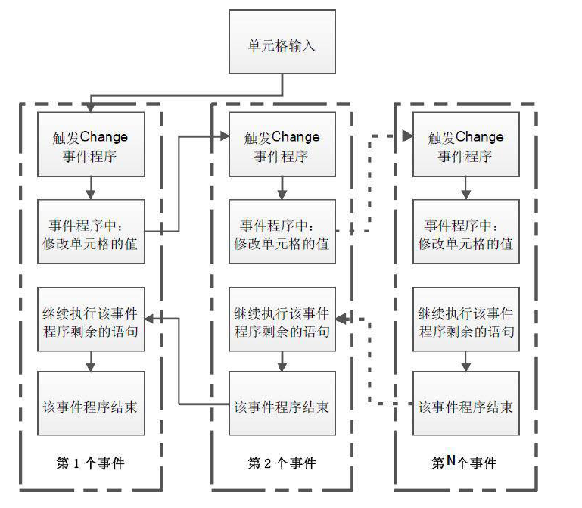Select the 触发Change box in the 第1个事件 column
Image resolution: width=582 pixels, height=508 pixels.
[x=91, y=145]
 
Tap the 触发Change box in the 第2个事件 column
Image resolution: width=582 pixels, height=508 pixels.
[x=282, y=145]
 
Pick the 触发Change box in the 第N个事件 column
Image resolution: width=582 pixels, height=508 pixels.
[x=465, y=145]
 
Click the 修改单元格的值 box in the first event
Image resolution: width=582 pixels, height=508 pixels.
[x=91, y=232]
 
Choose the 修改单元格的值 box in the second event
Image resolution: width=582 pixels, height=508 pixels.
[x=282, y=232]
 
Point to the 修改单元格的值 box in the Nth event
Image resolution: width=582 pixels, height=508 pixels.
[x=465, y=232]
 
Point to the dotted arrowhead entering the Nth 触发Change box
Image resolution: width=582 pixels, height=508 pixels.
[x=407, y=136]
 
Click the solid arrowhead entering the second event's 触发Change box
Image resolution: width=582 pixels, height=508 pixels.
[x=224, y=136]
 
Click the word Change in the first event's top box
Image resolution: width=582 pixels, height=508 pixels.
[x=104, y=137]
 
